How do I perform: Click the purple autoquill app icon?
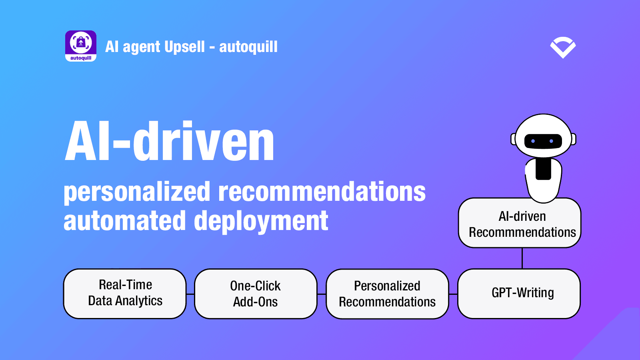(x=80, y=46)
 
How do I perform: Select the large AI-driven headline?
(x=170, y=141)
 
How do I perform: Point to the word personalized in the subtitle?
(x=137, y=192)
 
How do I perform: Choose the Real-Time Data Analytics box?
(x=125, y=294)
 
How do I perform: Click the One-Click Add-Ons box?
(x=256, y=294)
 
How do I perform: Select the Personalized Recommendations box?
(x=387, y=294)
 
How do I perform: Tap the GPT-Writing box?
(x=519, y=294)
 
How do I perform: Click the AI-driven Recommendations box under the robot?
(x=520, y=223)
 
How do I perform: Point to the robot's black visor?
(x=543, y=141)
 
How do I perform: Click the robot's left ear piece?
(x=514, y=140)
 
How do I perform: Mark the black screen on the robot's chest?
(x=543, y=169)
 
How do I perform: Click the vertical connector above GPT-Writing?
(x=522, y=258)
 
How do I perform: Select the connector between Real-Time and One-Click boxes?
(x=190, y=294)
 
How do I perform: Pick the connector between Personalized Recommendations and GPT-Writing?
(x=453, y=294)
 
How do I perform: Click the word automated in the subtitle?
(x=125, y=220)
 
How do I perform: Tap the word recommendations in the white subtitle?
(x=322, y=192)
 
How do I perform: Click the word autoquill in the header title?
(x=248, y=47)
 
